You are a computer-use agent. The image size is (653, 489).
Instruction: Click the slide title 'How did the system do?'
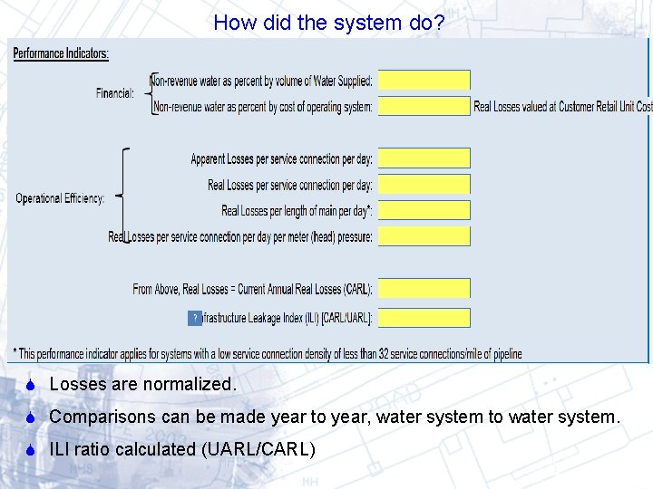(328, 23)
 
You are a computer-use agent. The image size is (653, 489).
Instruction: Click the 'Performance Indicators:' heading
(61, 53)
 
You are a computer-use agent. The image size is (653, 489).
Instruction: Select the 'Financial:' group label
(115, 92)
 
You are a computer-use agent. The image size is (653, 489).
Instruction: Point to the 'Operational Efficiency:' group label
(60, 198)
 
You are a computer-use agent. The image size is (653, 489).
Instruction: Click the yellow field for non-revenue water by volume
(424, 81)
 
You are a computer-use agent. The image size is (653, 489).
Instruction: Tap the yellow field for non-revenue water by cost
(424, 107)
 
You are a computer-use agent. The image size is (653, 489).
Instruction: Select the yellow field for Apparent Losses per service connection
(424, 158)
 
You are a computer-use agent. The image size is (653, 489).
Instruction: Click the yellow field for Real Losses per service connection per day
(424, 185)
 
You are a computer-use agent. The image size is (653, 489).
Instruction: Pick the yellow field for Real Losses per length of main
(424, 211)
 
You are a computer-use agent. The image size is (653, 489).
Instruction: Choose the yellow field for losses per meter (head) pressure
(424, 236)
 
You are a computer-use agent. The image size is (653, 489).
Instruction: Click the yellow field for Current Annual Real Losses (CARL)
(424, 289)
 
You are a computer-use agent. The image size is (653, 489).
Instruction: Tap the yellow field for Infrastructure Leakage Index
(424, 318)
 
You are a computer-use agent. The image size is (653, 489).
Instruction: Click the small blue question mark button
(195, 318)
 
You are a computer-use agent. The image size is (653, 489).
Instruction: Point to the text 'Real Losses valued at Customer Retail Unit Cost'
(562, 107)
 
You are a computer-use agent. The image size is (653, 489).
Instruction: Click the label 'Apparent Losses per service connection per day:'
(281, 159)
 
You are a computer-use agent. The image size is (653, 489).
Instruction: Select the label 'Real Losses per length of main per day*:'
(297, 211)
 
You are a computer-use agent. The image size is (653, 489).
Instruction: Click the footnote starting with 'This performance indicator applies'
(268, 354)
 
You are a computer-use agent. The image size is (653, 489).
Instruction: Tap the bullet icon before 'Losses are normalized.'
(30, 385)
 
